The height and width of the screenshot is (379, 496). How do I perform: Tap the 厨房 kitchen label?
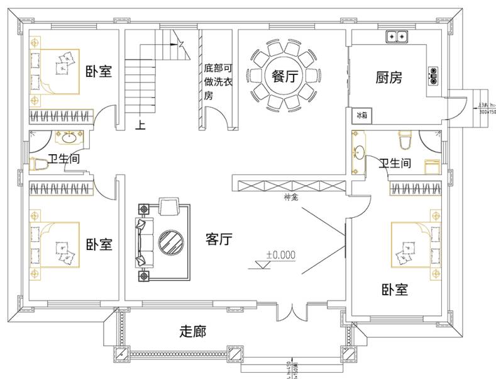click(x=389, y=77)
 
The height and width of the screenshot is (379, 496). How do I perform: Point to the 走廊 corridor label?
click(x=193, y=331)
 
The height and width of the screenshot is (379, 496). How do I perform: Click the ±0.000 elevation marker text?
click(x=280, y=255)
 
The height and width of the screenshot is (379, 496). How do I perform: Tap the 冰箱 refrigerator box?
click(x=361, y=115)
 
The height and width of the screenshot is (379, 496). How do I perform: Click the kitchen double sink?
click(x=397, y=37)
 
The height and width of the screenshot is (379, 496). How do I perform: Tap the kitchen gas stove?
click(x=434, y=76)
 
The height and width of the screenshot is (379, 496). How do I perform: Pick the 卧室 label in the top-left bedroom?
click(x=99, y=71)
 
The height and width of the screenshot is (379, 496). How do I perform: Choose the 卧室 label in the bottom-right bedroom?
click(x=395, y=290)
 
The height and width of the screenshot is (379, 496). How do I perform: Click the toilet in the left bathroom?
click(x=40, y=164)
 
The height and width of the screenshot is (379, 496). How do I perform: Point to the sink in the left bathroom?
click(x=67, y=137)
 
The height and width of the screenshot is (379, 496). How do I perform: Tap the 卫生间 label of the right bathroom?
click(x=394, y=164)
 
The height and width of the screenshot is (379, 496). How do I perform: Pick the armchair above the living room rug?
click(x=169, y=205)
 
